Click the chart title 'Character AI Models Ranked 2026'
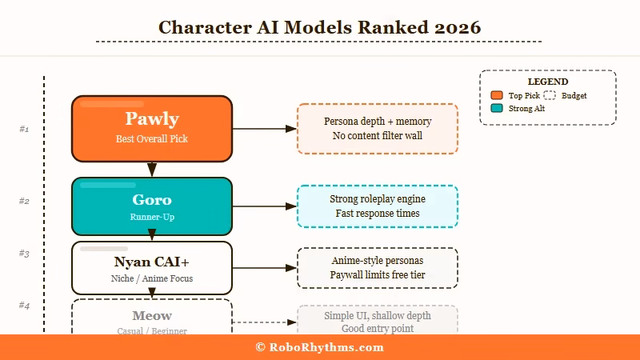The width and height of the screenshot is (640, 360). click(x=319, y=27)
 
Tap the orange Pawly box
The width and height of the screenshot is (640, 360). click(x=152, y=128)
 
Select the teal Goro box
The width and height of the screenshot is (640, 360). click(x=152, y=206)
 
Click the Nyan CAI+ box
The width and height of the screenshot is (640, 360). click(x=152, y=267)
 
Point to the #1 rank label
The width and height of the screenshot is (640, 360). click(x=24, y=129)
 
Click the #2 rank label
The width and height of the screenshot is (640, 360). click(x=24, y=201)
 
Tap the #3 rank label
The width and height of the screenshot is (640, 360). click(x=24, y=254)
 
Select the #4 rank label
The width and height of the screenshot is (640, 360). click(x=24, y=306)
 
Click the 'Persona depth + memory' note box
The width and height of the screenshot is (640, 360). click(x=378, y=128)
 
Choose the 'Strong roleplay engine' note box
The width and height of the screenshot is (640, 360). click(x=378, y=206)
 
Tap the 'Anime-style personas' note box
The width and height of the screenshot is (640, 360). click(x=378, y=267)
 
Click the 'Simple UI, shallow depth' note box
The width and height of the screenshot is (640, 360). click(x=378, y=321)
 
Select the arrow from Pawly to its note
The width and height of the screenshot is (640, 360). click(x=264, y=128)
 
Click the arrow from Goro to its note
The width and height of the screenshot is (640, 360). click(x=264, y=206)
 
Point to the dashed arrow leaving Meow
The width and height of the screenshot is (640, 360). click(x=264, y=322)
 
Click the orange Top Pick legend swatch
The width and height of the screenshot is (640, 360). click(x=496, y=96)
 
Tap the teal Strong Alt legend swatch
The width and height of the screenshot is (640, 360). click(x=496, y=108)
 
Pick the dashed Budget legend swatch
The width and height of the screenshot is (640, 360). click(x=550, y=96)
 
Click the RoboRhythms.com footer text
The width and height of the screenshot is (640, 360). click(x=319, y=347)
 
